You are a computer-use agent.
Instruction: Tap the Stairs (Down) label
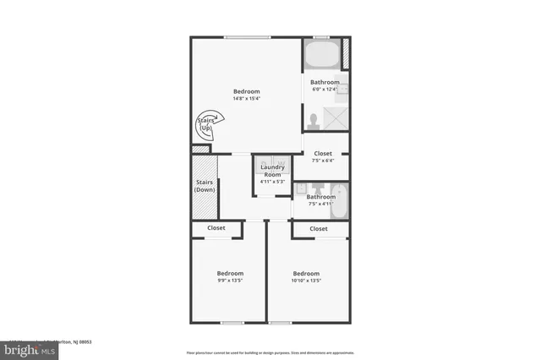point(205,186)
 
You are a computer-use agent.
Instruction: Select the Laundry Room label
point(272,170)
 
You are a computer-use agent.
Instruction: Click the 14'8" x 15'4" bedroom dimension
point(247,99)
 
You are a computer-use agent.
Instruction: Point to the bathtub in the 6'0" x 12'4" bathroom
point(321,57)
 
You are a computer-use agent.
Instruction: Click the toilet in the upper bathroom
point(314,120)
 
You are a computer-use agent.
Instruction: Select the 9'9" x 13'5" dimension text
point(230,281)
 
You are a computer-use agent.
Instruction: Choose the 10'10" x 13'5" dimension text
point(306,281)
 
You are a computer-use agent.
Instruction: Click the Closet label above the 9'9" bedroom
point(216,228)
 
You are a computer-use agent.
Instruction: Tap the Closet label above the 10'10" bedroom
point(319,228)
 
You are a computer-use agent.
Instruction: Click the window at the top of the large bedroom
point(248,36)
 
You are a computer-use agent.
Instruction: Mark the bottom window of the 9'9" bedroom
point(231,322)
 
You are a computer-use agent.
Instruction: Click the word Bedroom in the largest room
point(247,91)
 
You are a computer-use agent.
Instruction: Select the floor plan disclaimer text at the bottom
point(270,352)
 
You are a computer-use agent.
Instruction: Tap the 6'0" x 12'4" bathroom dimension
point(325,89)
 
